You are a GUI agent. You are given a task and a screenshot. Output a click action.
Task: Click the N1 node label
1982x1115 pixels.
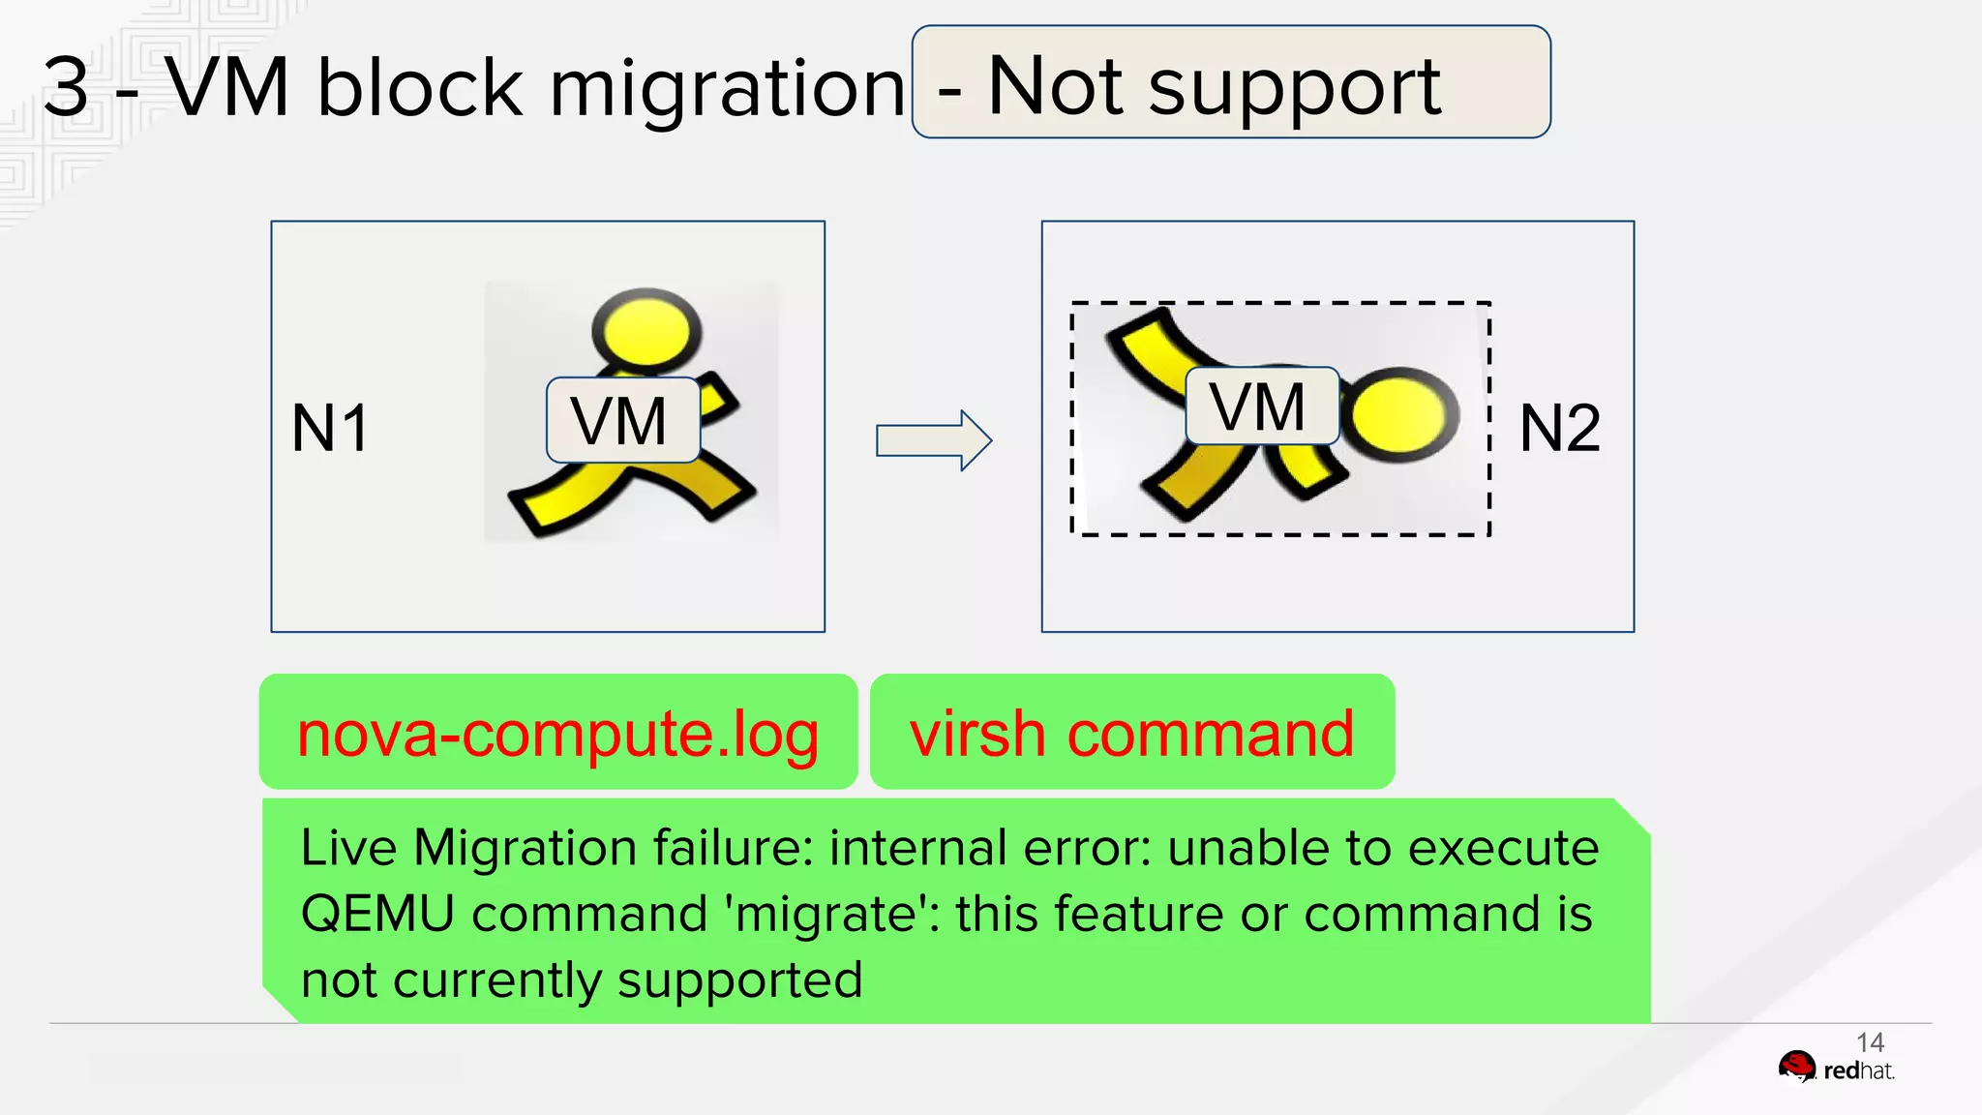[330, 428]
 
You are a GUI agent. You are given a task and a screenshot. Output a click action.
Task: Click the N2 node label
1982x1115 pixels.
[1560, 428]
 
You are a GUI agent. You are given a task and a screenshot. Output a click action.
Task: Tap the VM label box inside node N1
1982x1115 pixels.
[622, 421]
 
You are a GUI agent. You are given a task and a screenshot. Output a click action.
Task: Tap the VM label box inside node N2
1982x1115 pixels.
[1261, 407]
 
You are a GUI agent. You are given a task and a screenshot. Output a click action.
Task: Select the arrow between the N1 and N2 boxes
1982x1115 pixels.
[933, 440]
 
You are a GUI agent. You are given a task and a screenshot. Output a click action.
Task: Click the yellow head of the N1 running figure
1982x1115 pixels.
[646, 330]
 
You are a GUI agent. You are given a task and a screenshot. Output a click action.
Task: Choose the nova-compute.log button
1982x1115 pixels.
[558, 733]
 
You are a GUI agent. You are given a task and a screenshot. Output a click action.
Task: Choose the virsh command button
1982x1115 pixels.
[1131, 733]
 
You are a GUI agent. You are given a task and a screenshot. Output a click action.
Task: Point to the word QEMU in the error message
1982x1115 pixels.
[377, 914]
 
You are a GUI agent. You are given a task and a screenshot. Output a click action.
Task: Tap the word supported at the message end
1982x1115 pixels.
[739, 980]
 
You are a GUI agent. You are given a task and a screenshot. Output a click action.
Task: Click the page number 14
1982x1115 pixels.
[1870, 1042]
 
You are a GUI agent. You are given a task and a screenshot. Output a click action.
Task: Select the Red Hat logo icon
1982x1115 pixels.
[1797, 1068]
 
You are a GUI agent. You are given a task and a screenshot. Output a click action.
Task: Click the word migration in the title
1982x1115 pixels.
[728, 89]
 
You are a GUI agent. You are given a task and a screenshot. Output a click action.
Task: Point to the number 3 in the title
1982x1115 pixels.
[67, 87]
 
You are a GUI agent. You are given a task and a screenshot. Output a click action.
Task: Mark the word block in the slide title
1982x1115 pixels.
[420, 87]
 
